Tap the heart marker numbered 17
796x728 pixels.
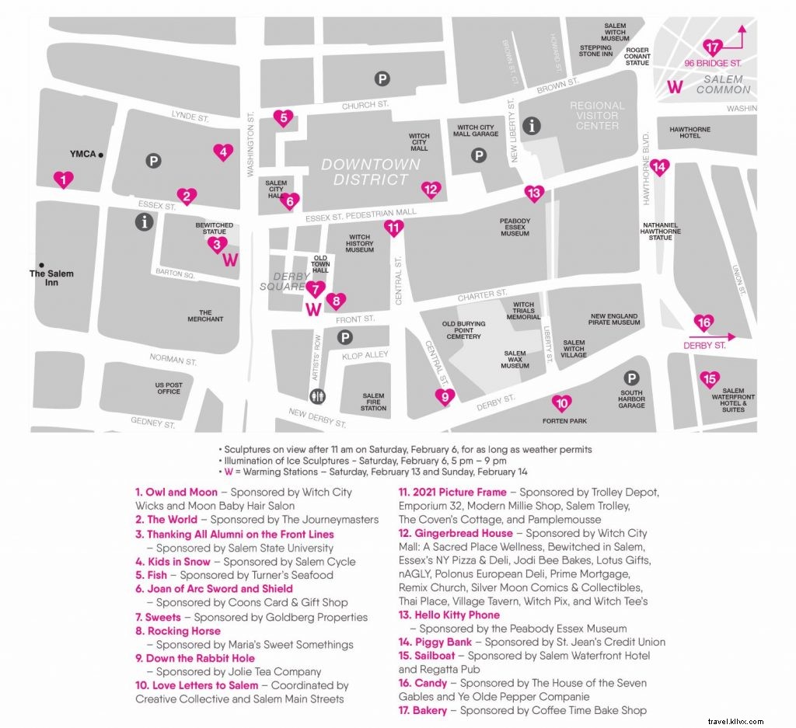pyautogui.click(x=713, y=47)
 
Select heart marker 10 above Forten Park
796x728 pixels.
pyautogui.click(x=562, y=403)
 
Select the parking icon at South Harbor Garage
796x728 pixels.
pyautogui.click(x=632, y=378)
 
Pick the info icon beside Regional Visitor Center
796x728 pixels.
pyautogui.click(x=532, y=126)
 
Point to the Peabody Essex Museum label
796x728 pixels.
pyautogui.click(x=515, y=227)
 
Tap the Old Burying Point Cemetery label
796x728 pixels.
pyautogui.click(x=463, y=330)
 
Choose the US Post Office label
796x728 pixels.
pyautogui.click(x=169, y=388)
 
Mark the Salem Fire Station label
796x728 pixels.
pyautogui.click(x=373, y=402)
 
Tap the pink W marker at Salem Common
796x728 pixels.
pyautogui.click(x=676, y=87)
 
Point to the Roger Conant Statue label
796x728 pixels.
pyautogui.click(x=637, y=56)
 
